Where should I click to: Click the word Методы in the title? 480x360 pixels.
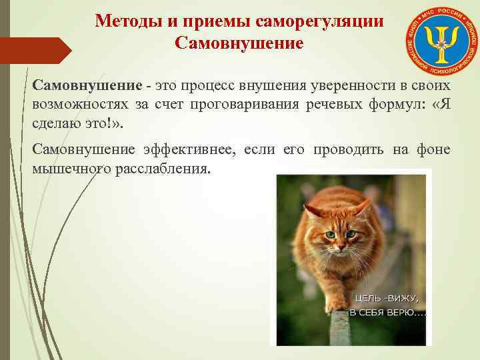pos(125,21)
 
